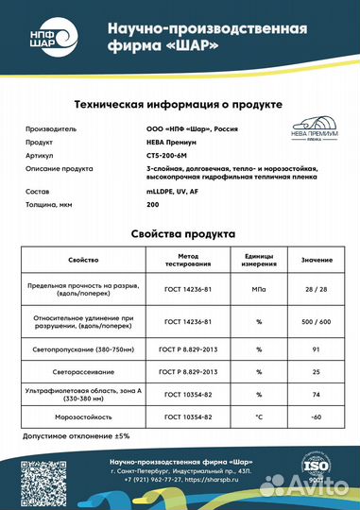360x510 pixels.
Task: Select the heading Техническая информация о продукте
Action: coord(180,103)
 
